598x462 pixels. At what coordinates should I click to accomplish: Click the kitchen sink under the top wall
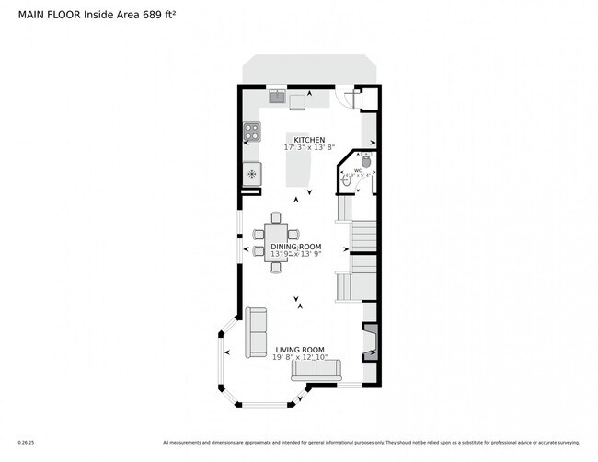pyautogui.click(x=277, y=97)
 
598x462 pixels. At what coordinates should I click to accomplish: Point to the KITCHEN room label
pyautogui.click(x=309, y=140)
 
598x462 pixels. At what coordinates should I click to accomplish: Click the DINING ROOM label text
pyautogui.click(x=295, y=247)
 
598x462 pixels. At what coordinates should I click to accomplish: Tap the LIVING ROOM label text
pyautogui.click(x=300, y=350)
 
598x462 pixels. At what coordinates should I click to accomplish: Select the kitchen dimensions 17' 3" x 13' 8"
pyautogui.click(x=309, y=147)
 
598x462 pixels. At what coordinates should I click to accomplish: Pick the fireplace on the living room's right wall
pyautogui.click(x=369, y=341)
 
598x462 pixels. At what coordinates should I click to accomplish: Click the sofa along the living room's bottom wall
pyautogui.click(x=315, y=370)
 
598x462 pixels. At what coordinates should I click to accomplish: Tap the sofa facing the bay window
pyautogui.click(x=255, y=333)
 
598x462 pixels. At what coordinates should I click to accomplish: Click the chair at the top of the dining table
pyautogui.click(x=276, y=218)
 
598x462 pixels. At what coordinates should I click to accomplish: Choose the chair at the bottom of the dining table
pyautogui.click(x=276, y=268)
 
